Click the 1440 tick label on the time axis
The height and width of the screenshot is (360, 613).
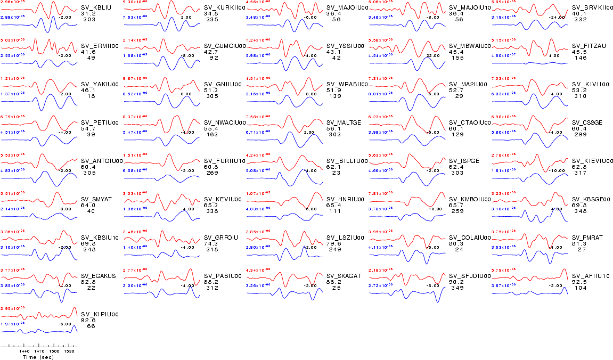(x=24, y=351)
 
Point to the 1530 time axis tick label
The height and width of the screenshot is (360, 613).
(x=69, y=351)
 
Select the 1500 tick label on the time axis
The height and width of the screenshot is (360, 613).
(x=54, y=351)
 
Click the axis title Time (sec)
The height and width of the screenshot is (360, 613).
(x=38, y=357)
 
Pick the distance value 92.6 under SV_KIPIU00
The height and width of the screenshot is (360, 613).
(x=87, y=321)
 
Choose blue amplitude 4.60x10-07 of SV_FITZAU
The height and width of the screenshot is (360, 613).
(x=502, y=55)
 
